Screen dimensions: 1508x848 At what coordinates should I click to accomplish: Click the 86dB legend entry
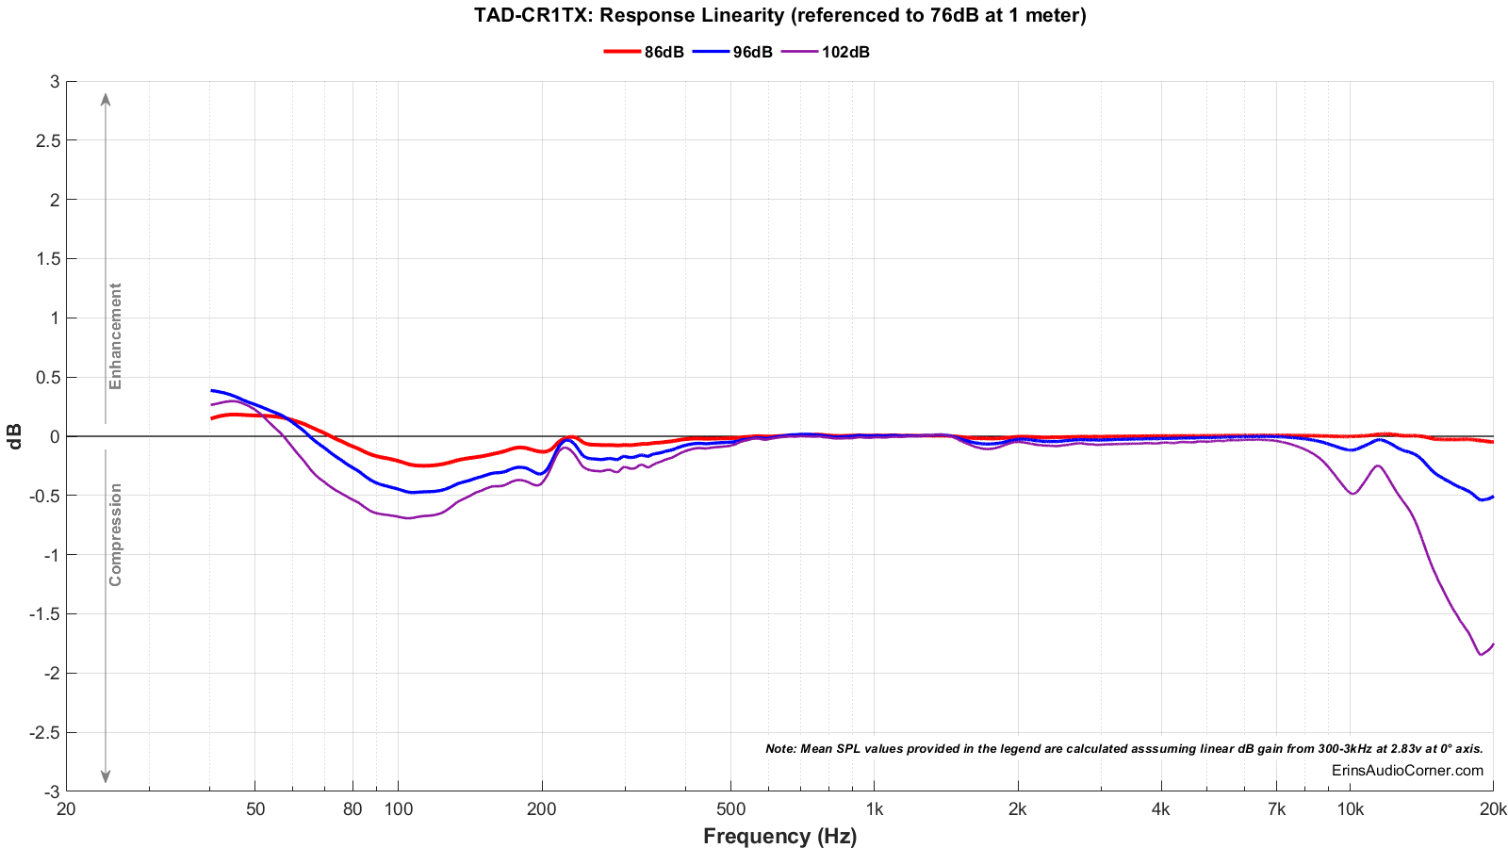(x=644, y=52)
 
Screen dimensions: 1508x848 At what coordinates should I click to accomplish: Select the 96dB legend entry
(x=732, y=52)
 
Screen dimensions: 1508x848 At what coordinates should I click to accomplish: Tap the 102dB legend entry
(x=826, y=52)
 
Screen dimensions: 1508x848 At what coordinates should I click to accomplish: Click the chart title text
(x=780, y=15)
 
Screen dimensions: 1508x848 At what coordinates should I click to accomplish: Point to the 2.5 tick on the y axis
(x=48, y=140)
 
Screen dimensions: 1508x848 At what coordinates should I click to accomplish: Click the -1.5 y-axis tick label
(x=44, y=614)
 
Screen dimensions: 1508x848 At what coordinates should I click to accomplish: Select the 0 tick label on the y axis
(x=55, y=437)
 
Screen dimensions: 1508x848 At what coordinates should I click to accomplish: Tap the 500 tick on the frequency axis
(x=730, y=809)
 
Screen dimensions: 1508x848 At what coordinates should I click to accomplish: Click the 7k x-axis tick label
(x=1276, y=809)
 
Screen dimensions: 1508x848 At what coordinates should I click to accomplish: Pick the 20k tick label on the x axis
(x=1493, y=809)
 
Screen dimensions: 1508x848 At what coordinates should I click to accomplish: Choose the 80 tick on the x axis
(x=352, y=809)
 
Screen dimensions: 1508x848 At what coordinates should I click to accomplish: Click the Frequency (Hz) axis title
(x=780, y=836)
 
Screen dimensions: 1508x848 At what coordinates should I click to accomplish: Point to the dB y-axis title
(x=14, y=436)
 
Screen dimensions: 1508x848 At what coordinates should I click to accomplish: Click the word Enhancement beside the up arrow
(x=115, y=335)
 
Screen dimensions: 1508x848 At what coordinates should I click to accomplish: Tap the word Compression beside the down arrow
(x=115, y=535)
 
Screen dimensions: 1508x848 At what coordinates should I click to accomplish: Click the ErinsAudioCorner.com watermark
(x=1407, y=770)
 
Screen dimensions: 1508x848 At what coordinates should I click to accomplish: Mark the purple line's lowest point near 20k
(x=1481, y=654)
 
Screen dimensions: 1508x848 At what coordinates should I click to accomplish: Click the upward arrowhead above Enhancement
(x=106, y=100)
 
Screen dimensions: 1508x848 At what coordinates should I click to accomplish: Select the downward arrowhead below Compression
(x=106, y=776)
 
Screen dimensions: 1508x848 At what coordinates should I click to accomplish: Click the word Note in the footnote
(x=779, y=748)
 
